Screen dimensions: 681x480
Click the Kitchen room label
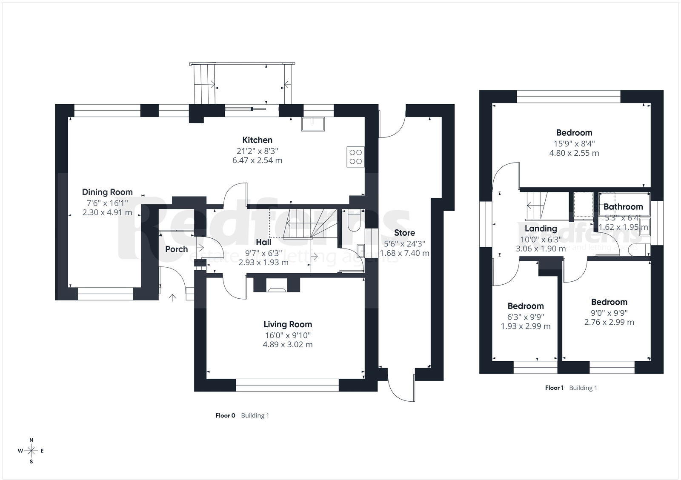[x=257, y=140]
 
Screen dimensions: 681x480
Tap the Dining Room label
[x=107, y=192]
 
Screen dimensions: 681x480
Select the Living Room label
[x=287, y=324]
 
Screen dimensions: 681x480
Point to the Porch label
[x=176, y=249]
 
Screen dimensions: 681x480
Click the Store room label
[x=404, y=233]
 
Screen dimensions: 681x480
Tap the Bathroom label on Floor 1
[x=623, y=207]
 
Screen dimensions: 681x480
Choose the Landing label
[x=541, y=229]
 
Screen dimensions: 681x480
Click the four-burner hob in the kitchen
[x=356, y=156]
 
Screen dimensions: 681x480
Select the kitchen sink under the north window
[x=313, y=124]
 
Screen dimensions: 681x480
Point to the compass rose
[x=31, y=451]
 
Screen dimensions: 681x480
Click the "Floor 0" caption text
[x=225, y=416]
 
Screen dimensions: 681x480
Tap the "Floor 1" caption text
[x=554, y=388]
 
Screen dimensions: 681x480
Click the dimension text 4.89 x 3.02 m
[x=287, y=345]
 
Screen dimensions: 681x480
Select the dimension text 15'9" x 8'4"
[x=574, y=143]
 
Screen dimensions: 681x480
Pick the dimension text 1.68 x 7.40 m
[x=404, y=253]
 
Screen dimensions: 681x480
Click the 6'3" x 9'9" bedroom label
[x=525, y=317]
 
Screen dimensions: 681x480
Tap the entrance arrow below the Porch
[x=172, y=297]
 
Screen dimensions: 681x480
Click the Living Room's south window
[x=287, y=386]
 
